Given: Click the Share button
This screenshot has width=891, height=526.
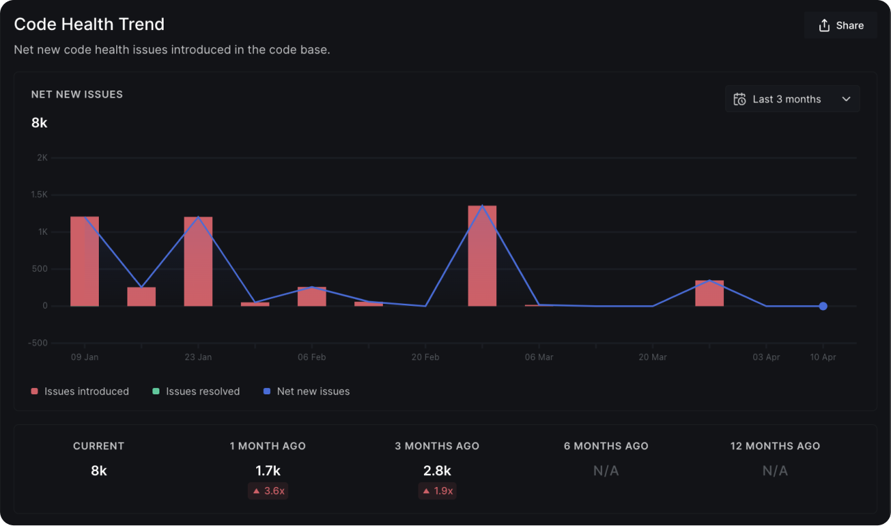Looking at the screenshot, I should pos(841,26).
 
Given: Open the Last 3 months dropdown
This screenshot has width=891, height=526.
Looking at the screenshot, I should pos(792,99).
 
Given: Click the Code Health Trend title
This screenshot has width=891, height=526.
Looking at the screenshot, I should pos(89,24).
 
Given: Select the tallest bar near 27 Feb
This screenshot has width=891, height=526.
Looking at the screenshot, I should pos(482,256).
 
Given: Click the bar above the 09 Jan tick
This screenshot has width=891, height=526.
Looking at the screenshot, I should pos(84,261).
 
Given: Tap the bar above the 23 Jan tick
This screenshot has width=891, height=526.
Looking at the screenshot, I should pos(198,261).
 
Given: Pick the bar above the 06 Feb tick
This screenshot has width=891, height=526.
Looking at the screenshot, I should pos(312,297).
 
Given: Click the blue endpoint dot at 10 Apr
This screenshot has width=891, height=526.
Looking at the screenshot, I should pos(823,306).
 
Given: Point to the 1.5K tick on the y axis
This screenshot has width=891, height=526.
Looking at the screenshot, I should pos(39,195).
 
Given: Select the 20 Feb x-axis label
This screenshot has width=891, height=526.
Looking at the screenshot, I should pos(425,357).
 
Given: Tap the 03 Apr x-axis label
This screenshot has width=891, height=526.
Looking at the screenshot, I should pos(766,357).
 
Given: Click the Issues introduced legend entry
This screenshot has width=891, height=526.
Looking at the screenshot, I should pos(80,392).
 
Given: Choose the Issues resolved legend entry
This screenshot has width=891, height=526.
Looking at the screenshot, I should pos(196,392).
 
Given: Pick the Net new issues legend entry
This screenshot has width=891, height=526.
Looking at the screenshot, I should pos(307,392).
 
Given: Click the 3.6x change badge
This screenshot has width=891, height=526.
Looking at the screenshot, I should pos(268,490).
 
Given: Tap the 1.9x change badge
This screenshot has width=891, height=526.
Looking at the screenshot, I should pos(437,490).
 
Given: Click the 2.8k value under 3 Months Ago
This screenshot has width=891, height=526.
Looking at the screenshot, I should pos(437,471).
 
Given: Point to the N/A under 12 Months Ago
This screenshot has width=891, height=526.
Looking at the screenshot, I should pos(775,471).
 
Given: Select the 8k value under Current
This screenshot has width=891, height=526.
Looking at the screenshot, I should pos(99,471).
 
